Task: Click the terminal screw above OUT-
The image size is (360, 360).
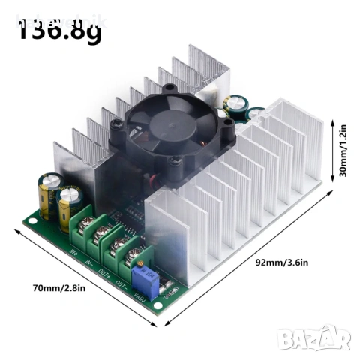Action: click(133, 253)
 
